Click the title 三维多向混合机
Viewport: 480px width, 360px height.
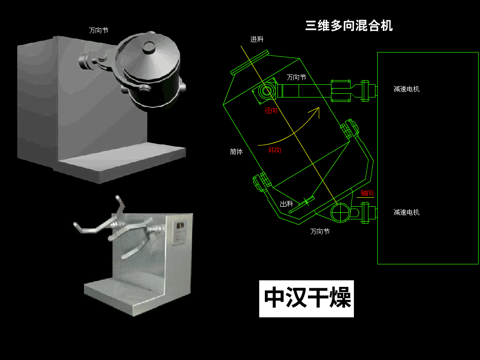349,25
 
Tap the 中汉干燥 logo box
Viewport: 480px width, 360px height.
307,299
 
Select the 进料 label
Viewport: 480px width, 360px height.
257,39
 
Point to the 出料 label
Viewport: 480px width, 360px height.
286,204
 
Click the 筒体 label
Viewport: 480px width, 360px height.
236,152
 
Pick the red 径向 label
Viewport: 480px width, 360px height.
271,111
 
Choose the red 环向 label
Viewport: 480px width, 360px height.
275,150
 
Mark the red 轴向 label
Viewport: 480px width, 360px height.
367,193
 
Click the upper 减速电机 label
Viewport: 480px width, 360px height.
406,89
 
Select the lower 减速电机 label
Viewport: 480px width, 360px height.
406,212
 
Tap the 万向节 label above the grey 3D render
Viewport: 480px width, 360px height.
98,30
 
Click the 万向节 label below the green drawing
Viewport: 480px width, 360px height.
320,232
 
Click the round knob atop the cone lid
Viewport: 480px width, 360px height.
149,46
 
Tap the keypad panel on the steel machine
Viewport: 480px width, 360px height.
179,232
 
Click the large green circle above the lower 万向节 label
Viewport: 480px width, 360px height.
340,212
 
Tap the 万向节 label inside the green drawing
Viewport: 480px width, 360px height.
296,77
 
